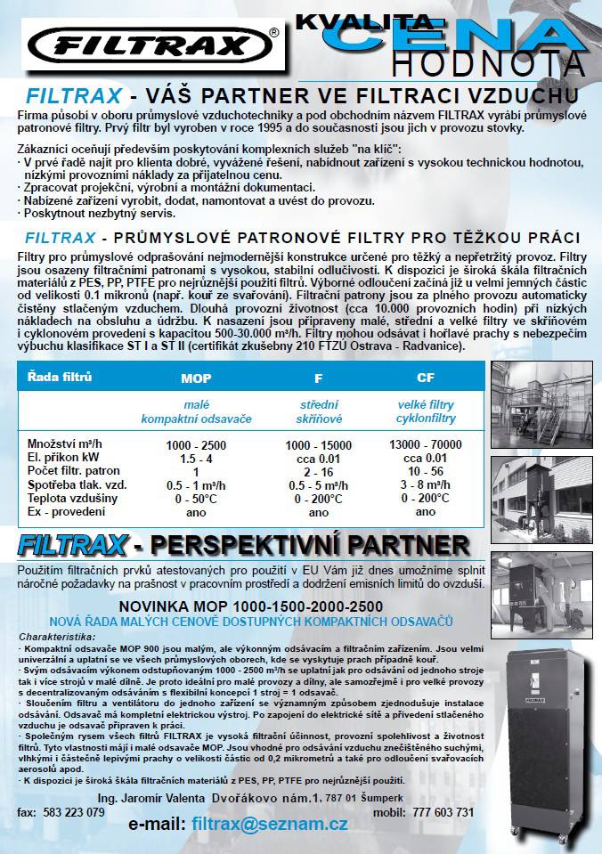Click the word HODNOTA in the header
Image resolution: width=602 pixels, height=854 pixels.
[489, 63]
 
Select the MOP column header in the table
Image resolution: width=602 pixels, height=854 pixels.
[196, 378]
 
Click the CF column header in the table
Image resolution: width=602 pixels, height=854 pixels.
[426, 378]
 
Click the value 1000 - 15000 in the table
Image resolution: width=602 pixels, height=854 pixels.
[318, 444]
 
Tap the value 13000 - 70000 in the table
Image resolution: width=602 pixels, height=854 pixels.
[426, 444]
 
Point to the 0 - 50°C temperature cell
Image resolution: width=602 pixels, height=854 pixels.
[196, 499]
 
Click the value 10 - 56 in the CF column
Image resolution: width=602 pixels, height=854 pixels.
[426, 471]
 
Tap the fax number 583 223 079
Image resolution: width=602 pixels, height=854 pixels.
[74, 812]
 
